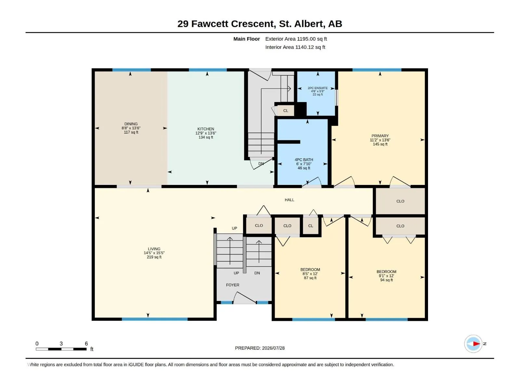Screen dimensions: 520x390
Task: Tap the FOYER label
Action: (233, 285)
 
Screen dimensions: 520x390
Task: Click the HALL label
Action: (289, 200)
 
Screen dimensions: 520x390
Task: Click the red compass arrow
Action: (476, 344)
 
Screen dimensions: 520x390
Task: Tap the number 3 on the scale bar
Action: (61, 344)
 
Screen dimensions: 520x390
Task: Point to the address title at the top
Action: (260, 24)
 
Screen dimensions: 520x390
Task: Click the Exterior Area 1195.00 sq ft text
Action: (296, 39)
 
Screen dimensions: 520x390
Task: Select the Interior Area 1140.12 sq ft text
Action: (295, 47)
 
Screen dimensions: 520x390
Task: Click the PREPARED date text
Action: (260, 348)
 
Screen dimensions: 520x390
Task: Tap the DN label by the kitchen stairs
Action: (261, 163)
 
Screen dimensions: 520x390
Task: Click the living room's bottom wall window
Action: (154, 319)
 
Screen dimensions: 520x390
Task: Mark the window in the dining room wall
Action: (132, 70)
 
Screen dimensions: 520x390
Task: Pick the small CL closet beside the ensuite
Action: (286, 110)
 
